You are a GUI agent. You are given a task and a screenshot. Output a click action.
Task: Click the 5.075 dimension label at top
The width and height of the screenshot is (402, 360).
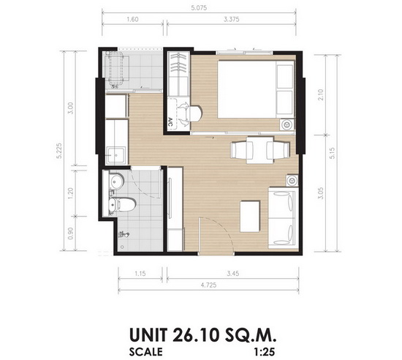[199, 8]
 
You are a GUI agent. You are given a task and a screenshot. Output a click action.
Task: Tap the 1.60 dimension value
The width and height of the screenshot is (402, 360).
[132, 19]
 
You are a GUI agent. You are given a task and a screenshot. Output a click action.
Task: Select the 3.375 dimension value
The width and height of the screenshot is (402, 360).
[232, 19]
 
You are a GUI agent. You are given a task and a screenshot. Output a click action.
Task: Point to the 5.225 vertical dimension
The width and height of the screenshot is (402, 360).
[59, 151]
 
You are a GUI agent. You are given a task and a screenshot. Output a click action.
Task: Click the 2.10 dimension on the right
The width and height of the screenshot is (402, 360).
[321, 94]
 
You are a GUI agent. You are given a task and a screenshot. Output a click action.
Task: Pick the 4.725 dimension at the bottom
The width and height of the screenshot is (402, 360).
[209, 285]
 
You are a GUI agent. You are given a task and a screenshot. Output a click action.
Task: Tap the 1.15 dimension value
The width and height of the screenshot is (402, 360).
[140, 274]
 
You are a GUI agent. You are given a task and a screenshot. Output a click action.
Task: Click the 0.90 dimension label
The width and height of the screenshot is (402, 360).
[71, 233]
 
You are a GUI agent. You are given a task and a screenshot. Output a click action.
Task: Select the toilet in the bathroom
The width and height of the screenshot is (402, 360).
[121, 204]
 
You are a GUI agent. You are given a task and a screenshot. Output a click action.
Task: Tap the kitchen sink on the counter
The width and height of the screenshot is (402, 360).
[116, 155]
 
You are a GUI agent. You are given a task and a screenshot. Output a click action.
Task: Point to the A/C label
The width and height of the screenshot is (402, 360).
[171, 123]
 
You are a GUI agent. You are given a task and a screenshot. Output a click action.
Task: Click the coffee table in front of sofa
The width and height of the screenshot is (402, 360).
[250, 217]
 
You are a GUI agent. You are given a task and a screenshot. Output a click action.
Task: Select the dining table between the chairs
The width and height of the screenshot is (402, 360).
[259, 150]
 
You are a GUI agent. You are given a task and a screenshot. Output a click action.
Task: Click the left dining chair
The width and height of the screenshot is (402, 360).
[239, 150]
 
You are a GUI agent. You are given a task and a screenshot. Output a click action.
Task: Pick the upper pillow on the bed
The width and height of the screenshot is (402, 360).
[285, 76]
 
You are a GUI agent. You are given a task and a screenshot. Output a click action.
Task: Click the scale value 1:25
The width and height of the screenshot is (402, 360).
[265, 352]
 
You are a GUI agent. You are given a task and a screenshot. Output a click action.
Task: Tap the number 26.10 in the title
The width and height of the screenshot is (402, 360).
[195, 335]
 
